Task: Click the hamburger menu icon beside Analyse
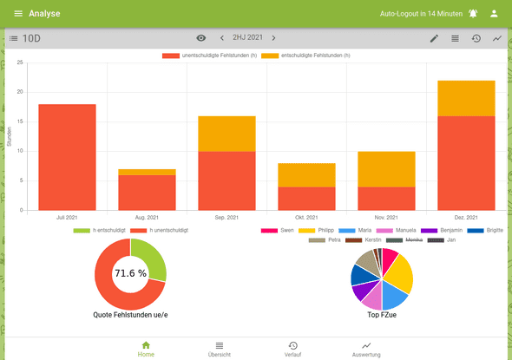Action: click(x=18, y=13)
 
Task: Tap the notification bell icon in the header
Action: click(x=473, y=13)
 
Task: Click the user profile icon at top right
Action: click(x=494, y=13)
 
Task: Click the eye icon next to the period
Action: click(x=201, y=38)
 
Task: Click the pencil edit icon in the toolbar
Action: click(x=434, y=38)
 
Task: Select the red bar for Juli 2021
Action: click(x=67, y=157)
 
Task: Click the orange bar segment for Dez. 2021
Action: click(x=466, y=98)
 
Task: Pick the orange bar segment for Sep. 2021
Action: click(x=226, y=134)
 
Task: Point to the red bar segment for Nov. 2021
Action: click(x=386, y=198)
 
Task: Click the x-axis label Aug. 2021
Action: click(x=147, y=217)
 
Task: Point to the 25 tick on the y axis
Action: click(x=19, y=62)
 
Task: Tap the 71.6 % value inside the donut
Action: click(x=130, y=273)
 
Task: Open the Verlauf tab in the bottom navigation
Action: click(x=292, y=349)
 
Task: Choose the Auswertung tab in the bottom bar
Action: click(x=365, y=349)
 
